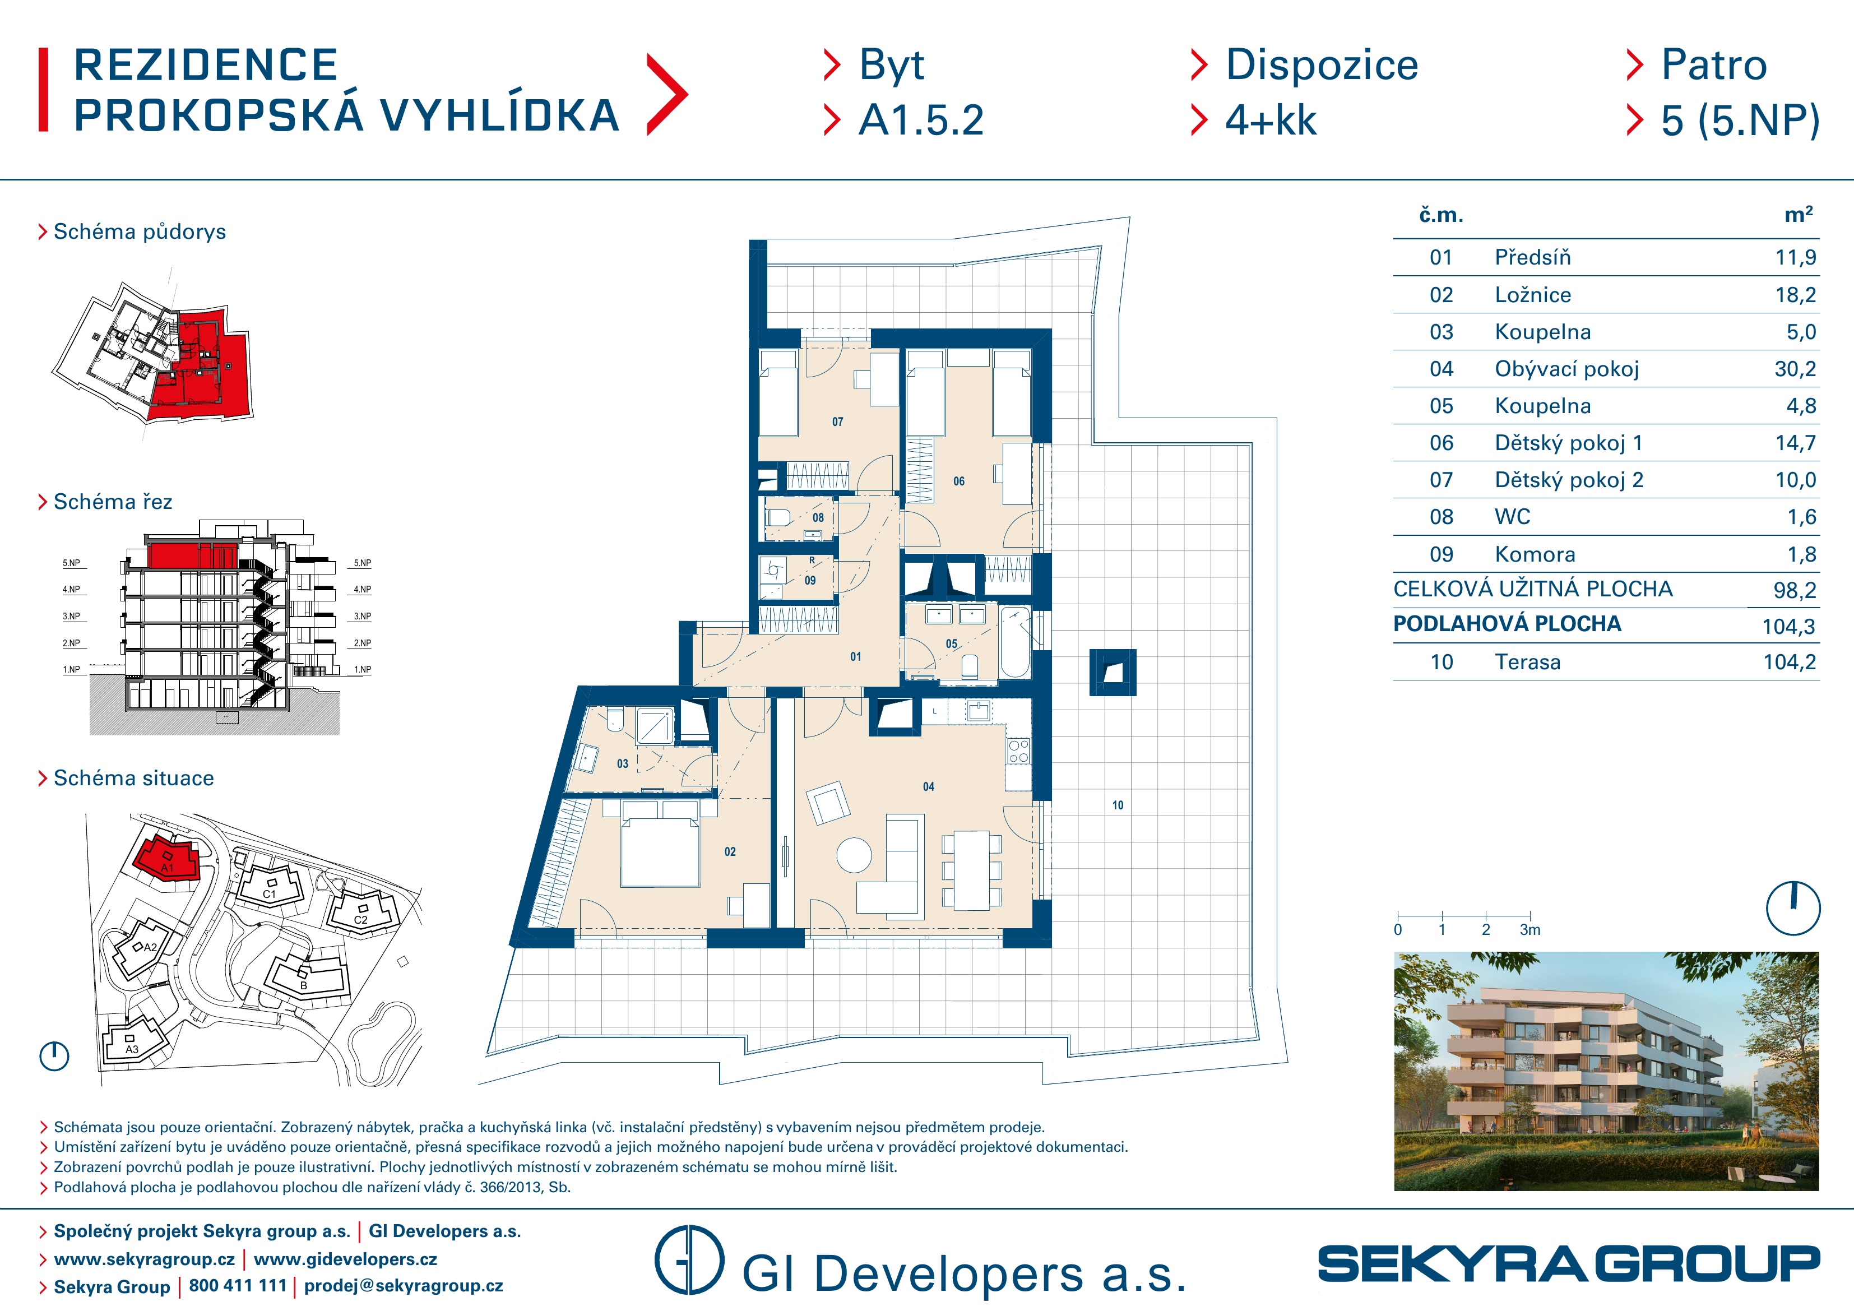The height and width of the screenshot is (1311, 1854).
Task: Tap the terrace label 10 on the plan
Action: tap(1118, 805)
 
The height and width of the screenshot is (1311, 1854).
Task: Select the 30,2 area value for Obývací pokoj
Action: tap(1795, 369)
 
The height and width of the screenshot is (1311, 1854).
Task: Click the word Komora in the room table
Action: tap(1535, 554)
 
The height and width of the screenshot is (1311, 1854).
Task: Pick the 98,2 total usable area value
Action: tap(1794, 590)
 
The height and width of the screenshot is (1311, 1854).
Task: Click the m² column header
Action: tap(1799, 214)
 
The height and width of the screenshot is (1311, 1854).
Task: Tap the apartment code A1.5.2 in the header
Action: tap(921, 121)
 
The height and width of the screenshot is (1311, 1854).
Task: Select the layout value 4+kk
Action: tap(1271, 121)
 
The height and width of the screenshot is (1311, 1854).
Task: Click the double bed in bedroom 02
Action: tap(660, 844)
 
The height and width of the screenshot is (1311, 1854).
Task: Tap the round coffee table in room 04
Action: tap(854, 855)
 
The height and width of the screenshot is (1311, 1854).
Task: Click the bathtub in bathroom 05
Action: tap(1016, 643)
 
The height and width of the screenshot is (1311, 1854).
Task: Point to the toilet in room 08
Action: tap(778, 517)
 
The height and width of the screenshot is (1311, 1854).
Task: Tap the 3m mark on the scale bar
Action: tap(1530, 930)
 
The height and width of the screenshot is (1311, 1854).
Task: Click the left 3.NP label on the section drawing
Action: tap(71, 617)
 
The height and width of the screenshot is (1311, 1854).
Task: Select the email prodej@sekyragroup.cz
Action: tap(404, 1285)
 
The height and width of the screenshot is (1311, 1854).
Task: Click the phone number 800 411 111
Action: tap(238, 1285)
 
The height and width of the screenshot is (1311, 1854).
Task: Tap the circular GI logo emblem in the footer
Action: tap(689, 1260)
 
